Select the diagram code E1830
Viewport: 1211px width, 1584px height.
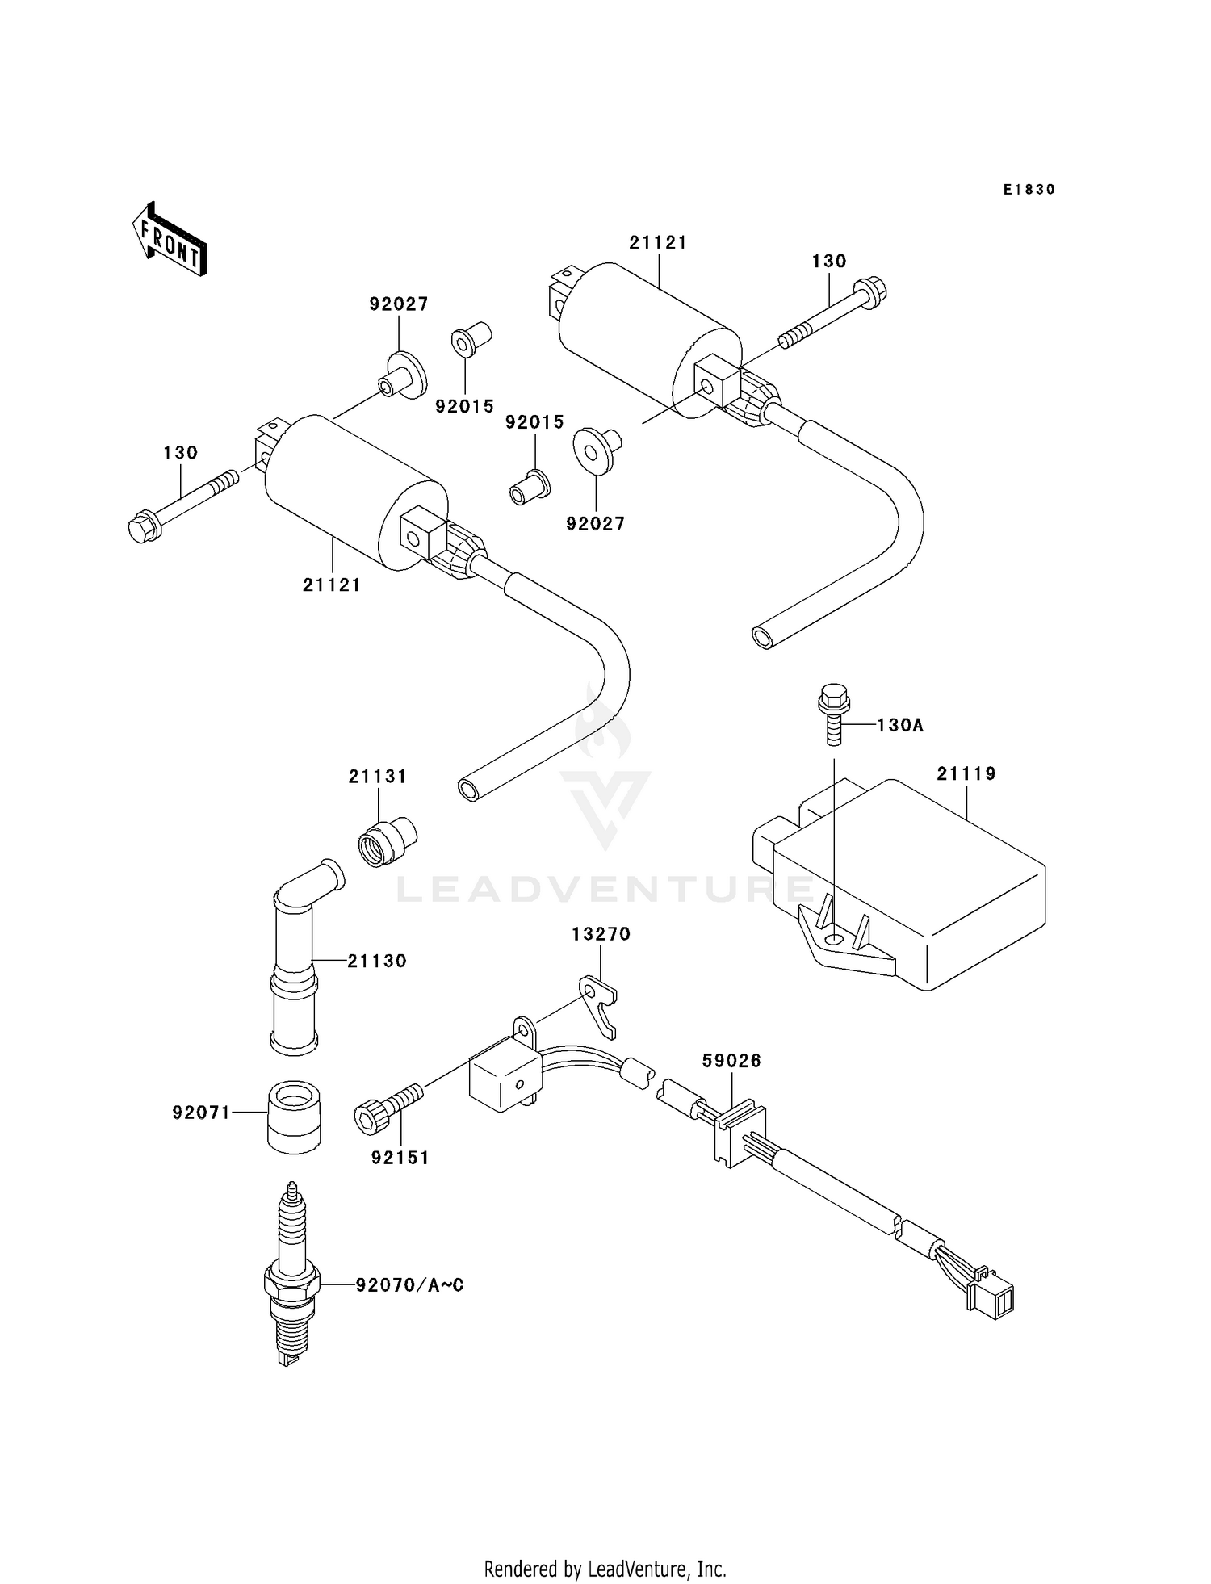[1029, 190]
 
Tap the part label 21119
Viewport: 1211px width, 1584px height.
[966, 774]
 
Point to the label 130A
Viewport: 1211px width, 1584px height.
[900, 726]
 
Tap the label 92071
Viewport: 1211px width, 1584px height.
[201, 1113]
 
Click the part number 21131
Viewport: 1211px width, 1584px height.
[378, 777]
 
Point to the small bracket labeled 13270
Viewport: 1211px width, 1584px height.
[600, 1004]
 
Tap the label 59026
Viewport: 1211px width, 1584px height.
[731, 1061]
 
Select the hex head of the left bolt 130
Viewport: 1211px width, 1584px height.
[144, 528]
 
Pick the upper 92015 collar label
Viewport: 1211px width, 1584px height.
[464, 407]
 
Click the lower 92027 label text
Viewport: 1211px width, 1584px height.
[596, 524]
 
